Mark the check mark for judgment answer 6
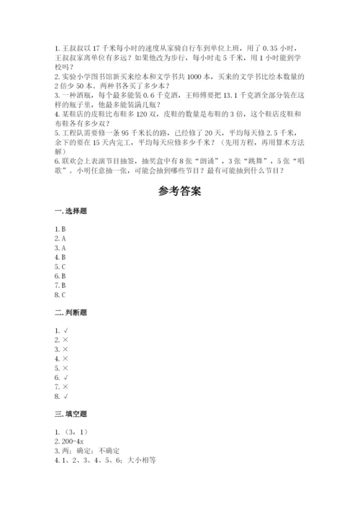tap(66, 377)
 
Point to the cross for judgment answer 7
tap(66, 387)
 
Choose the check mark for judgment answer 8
tap(66, 396)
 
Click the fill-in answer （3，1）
tap(70, 432)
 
